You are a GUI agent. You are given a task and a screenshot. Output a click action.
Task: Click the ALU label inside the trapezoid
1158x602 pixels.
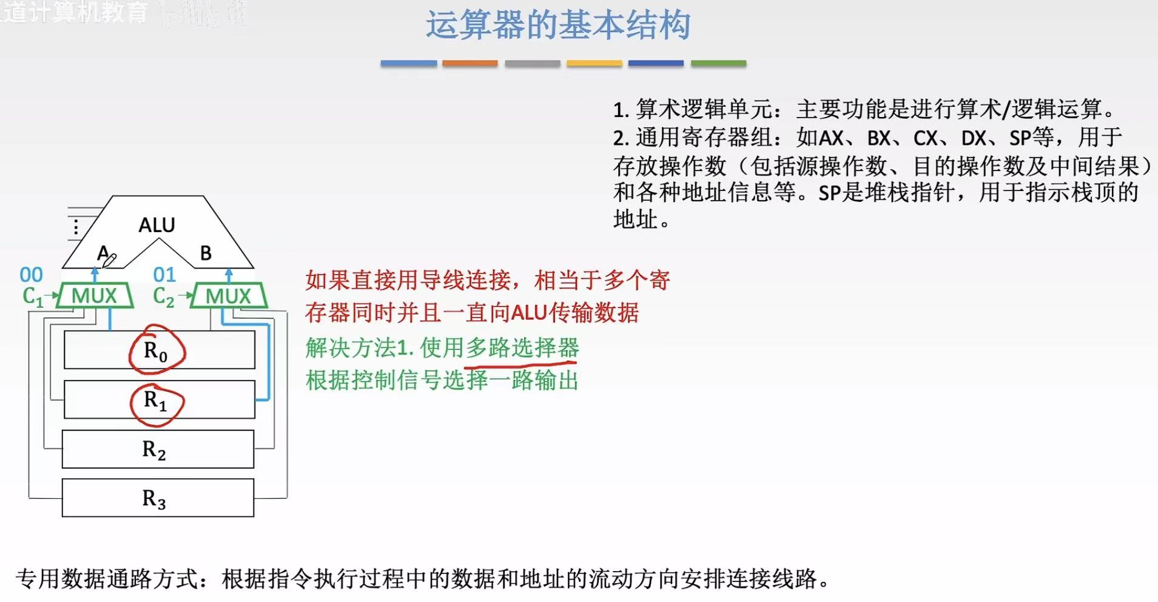coord(157,225)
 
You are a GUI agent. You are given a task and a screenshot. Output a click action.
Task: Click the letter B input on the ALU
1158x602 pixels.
coord(206,253)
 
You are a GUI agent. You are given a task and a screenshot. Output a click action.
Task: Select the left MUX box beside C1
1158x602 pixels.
coord(94,296)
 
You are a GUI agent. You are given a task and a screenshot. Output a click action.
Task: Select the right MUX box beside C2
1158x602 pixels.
coord(228,296)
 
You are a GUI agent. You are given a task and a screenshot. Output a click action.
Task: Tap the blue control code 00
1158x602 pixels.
coord(31,275)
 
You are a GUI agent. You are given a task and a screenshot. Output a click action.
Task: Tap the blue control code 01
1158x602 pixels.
coord(164,275)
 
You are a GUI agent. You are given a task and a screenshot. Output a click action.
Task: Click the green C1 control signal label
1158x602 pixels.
coord(33,296)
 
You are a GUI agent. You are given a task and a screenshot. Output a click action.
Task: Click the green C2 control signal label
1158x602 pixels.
coord(163,296)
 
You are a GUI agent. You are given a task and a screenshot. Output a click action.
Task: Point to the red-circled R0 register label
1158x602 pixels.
coord(156,350)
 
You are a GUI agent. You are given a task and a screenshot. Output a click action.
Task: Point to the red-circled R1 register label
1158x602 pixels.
coord(155,401)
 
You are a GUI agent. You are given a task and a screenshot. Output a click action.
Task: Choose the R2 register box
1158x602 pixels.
coord(158,449)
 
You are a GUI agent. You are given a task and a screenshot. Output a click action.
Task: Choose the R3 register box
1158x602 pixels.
coord(158,498)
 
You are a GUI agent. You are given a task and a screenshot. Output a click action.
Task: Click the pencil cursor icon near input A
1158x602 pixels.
coord(109,261)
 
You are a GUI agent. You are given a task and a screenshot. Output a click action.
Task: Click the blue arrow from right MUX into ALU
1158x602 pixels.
coord(229,275)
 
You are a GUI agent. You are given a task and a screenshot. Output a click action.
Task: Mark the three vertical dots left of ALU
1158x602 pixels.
coord(75,227)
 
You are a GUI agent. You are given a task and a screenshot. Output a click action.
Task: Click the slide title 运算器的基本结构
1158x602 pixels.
coord(557,25)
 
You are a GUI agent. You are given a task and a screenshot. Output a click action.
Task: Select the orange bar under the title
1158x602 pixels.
coord(470,63)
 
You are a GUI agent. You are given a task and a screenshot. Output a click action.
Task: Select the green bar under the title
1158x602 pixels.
coord(718,63)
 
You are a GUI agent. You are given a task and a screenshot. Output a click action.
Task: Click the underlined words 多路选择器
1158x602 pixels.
coord(522,348)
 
